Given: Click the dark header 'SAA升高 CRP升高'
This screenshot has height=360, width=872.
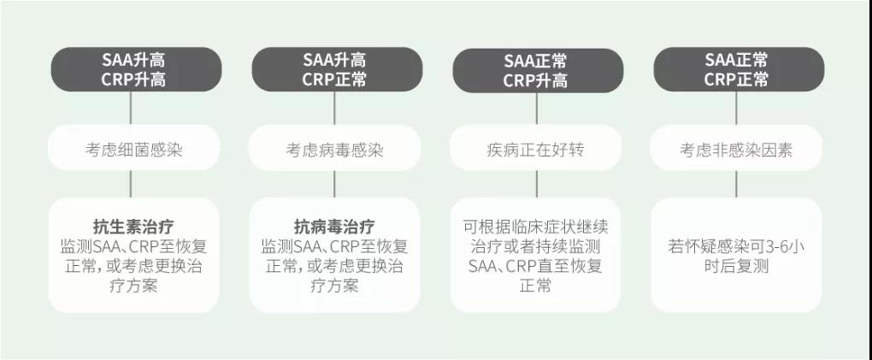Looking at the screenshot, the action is (136, 69).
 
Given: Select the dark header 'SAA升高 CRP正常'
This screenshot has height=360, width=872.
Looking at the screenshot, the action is (337, 69).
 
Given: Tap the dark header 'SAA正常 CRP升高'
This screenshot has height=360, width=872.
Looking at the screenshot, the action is (538, 70).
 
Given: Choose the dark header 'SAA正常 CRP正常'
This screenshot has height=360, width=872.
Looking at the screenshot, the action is (739, 69).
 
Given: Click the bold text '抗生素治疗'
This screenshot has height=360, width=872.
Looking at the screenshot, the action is (133, 227).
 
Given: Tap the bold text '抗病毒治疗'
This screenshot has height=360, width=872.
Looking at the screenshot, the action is (334, 227).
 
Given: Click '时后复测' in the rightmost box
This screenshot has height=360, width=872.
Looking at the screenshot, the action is (736, 266).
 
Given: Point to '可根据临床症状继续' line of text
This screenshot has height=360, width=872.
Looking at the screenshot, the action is (535, 227).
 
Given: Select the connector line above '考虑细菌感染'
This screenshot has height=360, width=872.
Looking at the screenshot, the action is (131, 108).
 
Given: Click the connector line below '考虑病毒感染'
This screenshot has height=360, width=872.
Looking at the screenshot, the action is (334, 184).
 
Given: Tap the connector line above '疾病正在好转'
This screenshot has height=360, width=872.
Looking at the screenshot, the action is (537, 109).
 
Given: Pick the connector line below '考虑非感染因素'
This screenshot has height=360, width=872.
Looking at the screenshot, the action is (736, 184).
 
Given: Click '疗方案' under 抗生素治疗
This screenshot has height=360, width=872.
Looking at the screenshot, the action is (133, 286).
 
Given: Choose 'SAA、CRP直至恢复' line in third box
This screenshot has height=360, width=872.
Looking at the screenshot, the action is (535, 266).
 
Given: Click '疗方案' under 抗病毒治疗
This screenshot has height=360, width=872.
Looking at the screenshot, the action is (334, 286).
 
